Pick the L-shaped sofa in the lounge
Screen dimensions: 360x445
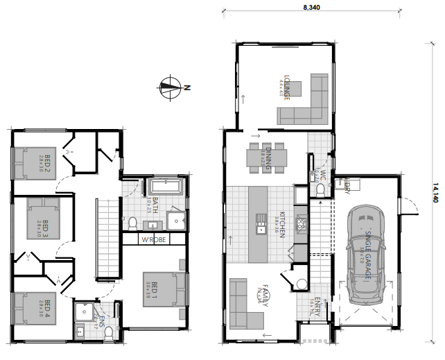312,101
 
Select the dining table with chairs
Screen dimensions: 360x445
268,157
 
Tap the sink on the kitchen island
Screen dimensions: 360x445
261,221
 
